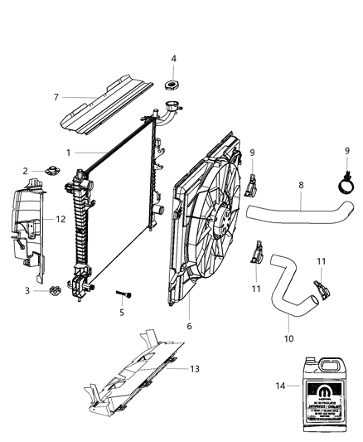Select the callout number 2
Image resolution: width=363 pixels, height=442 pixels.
coord(26,171)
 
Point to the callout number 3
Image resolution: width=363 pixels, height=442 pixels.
coord(27,290)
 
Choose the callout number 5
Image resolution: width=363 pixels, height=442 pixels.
coord(121,313)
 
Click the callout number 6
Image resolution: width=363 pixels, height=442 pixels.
coord(190,326)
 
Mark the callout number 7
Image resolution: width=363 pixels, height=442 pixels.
coord(56,97)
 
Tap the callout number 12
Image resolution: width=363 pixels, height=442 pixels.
coord(60,219)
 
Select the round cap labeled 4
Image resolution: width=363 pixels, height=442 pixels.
coord(174,84)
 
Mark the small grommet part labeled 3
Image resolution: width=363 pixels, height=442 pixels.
coord(56,291)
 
